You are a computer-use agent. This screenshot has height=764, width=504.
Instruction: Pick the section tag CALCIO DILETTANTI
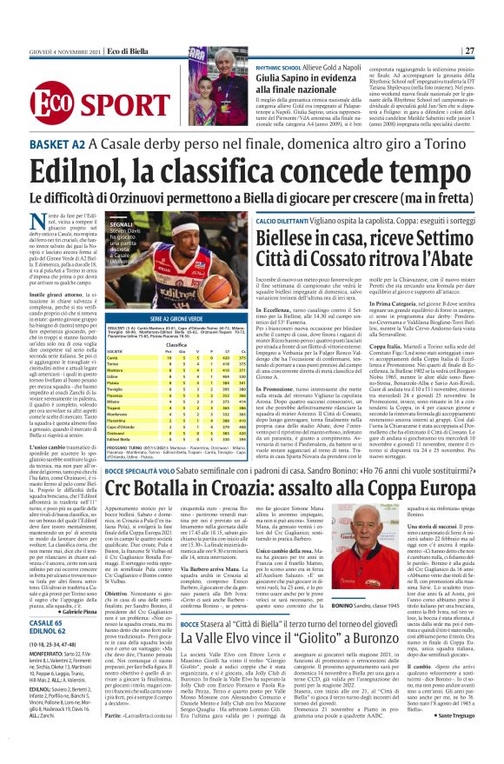262,199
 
